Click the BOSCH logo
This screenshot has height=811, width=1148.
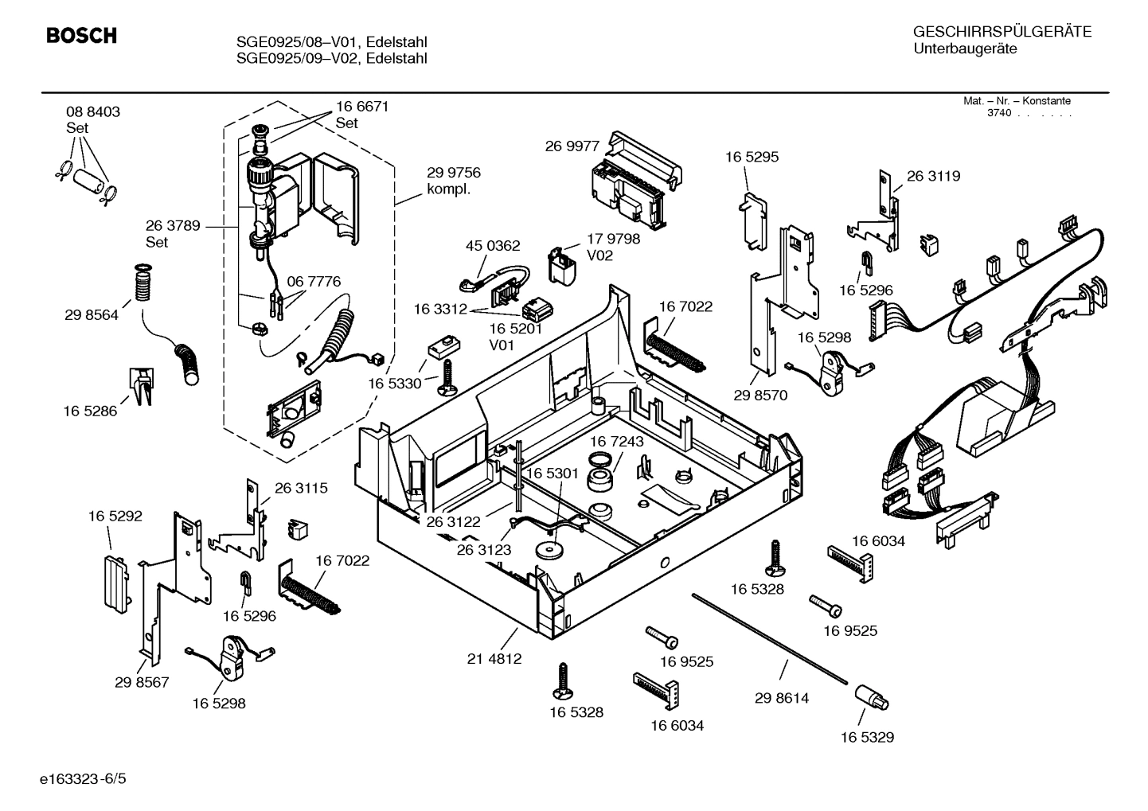(x=81, y=36)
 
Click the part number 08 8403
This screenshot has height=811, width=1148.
(x=93, y=112)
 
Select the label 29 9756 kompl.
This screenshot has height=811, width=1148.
(x=453, y=181)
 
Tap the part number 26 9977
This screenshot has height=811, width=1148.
(x=572, y=146)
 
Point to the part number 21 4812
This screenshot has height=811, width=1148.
(x=494, y=659)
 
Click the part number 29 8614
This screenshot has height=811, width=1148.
(x=781, y=698)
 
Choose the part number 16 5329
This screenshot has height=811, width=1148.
(x=867, y=737)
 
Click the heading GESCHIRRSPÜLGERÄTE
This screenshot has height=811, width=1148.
(x=1002, y=33)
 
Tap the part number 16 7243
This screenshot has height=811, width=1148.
(x=617, y=441)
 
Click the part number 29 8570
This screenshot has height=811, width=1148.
(x=759, y=395)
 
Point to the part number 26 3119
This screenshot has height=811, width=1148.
(x=933, y=176)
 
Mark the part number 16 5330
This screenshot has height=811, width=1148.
(x=394, y=384)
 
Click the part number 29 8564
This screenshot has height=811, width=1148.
(x=92, y=315)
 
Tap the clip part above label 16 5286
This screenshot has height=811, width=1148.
(x=140, y=386)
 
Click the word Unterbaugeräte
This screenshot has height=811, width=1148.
(x=965, y=49)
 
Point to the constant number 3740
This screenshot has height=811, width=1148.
(x=999, y=113)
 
